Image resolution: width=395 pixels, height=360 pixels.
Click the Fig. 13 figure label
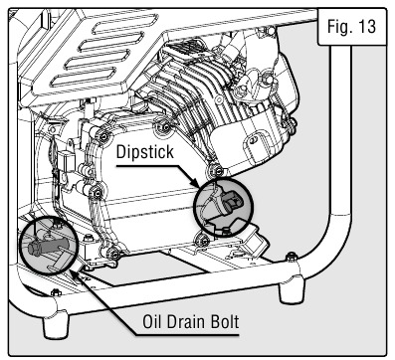(351, 27)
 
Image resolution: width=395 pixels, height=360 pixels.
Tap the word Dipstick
(145, 152)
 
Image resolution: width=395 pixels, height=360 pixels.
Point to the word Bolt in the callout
(224, 322)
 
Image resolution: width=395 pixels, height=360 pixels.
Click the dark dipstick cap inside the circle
(231, 201)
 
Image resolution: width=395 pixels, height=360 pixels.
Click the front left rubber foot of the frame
(56, 325)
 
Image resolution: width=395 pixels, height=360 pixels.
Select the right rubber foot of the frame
(293, 290)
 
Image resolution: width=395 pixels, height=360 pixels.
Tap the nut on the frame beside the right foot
(292, 256)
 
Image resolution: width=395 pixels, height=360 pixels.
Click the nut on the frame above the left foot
(55, 292)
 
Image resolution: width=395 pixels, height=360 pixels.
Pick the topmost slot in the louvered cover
(125, 24)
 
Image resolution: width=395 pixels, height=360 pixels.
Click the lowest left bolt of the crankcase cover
(114, 255)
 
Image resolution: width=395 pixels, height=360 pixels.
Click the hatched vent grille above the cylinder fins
(186, 48)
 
